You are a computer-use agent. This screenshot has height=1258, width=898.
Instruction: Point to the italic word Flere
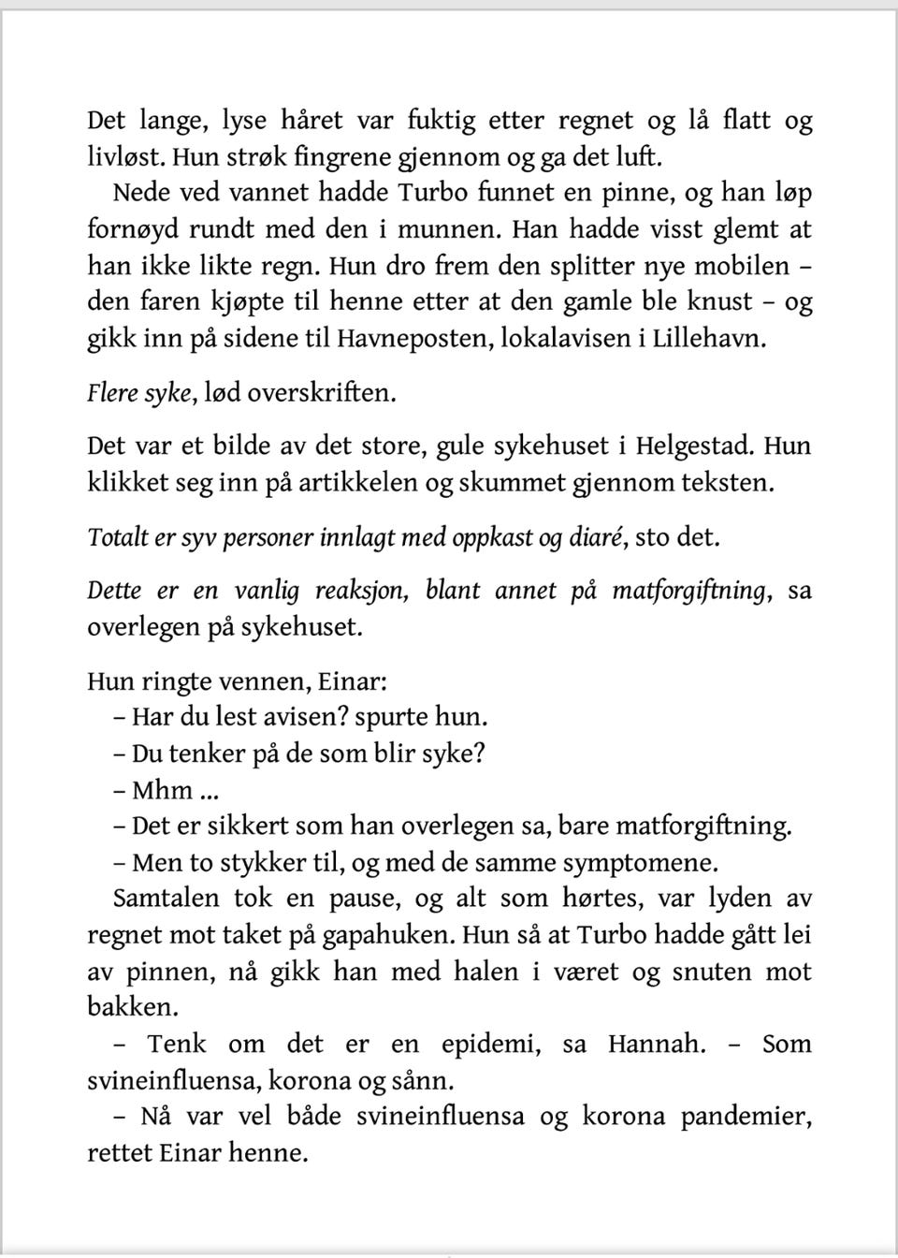tap(113, 392)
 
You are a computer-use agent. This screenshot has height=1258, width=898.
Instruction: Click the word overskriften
tap(321, 392)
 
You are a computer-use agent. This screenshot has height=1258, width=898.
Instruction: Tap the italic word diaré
tap(596, 537)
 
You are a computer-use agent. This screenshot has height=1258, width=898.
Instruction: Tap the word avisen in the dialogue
tap(279, 718)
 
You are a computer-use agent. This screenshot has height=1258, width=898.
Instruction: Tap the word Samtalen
tap(166, 899)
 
